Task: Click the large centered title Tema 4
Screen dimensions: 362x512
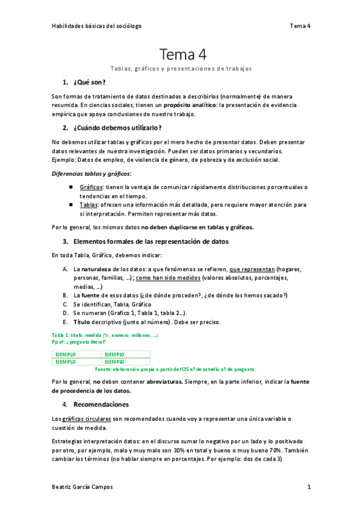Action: click(183, 55)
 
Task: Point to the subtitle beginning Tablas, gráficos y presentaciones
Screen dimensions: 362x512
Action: click(181, 69)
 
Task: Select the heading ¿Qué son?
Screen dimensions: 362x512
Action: click(89, 83)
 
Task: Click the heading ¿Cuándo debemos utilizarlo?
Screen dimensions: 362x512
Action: click(117, 128)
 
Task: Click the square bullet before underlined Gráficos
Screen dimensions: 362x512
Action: click(71, 188)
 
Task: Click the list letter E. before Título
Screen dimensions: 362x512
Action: click(65, 322)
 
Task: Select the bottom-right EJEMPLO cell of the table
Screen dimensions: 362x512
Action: click(115, 362)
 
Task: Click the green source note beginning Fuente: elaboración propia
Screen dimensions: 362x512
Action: click(176, 369)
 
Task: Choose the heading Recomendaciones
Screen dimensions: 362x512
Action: click(101, 404)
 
